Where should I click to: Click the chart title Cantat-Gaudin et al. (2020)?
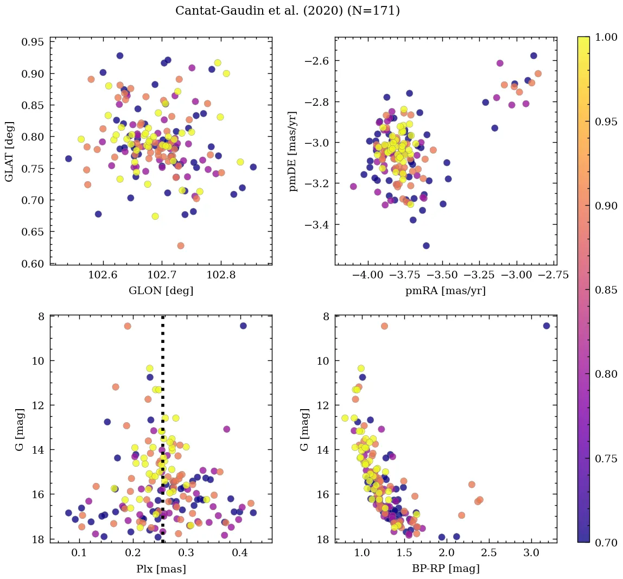tap(288, 11)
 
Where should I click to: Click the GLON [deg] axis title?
tap(161, 291)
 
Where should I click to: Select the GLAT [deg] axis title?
tap(9, 151)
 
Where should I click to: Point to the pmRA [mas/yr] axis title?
tap(446, 291)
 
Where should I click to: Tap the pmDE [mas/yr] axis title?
tap(293, 151)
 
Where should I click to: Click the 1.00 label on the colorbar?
tap(606, 37)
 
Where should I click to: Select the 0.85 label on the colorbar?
tap(606, 290)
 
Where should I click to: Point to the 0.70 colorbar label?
tap(606, 543)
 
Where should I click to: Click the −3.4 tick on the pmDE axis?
tap(317, 225)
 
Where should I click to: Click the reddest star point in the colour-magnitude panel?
tap(546, 326)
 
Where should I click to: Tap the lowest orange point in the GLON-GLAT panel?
tap(181, 246)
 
